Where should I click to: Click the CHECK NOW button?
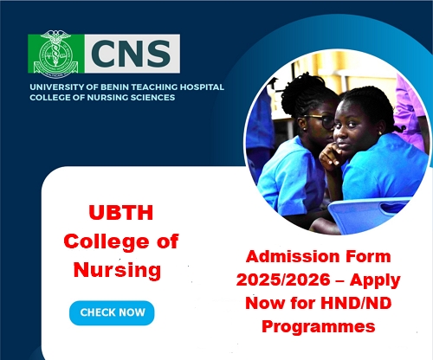[x=112, y=313]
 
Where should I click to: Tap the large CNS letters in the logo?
[x=131, y=54]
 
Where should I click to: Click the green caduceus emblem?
[x=55, y=54]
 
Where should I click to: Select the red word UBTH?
[x=121, y=213]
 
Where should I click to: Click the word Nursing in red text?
[x=117, y=270]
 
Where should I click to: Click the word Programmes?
[x=318, y=327]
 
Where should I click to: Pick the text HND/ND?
[x=356, y=303]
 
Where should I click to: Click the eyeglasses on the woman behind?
[x=321, y=120]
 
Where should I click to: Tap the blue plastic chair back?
[x=370, y=214]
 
